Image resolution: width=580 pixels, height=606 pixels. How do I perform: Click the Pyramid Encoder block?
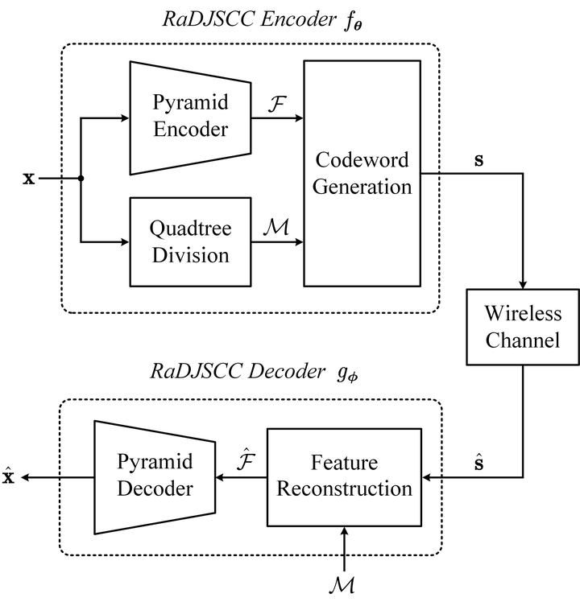[x=189, y=117]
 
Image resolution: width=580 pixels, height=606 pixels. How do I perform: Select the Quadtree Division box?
[x=189, y=241]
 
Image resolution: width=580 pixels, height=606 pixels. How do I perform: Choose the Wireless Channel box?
[x=523, y=327]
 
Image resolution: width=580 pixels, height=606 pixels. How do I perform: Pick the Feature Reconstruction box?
[x=345, y=477]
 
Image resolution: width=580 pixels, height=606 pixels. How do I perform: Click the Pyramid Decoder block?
[x=154, y=477]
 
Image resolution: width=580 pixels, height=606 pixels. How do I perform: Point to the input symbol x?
[x=29, y=178]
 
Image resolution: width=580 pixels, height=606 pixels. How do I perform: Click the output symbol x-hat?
[x=10, y=477]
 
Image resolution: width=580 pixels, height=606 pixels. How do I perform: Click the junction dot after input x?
[x=81, y=179]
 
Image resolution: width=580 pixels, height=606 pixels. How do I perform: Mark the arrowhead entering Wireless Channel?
[x=523, y=286]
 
